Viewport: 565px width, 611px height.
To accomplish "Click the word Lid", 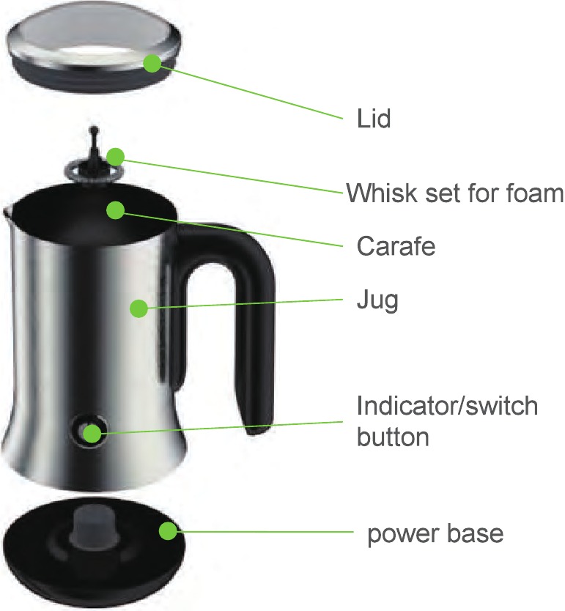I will pyautogui.click(x=369, y=117).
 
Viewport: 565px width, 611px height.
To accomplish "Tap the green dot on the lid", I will pyautogui.click(x=152, y=63).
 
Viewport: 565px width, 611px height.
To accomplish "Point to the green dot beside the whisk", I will pyautogui.click(x=116, y=156).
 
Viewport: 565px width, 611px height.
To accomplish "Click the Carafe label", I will pyautogui.click(x=396, y=246).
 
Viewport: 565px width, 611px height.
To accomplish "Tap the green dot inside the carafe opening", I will pyautogui.click(x=114, y=211).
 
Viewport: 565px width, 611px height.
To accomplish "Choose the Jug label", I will pyautogui.click(x=377, y=300).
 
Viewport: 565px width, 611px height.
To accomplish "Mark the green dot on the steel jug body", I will pyautogui.click(x=139, y=308).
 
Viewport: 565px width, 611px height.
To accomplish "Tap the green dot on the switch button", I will pyautogui.click(x=92, y=432).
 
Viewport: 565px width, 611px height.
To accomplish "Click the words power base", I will pyautogui.click(x=435, y=533).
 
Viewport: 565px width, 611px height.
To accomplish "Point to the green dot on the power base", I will pyautogui.click(x=169, y=532).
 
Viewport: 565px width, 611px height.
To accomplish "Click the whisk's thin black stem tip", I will pyautogui.click(x=94, y=132).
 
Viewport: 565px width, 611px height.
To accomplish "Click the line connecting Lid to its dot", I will pyautogui.click(x=249, y=91).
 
